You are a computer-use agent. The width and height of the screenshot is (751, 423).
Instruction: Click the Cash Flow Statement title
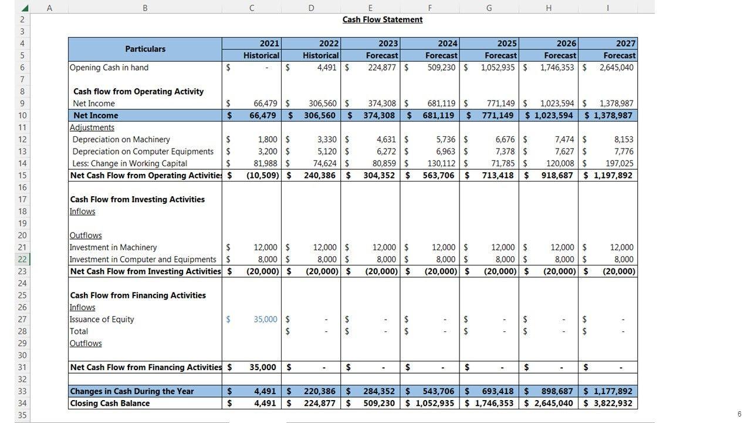click(x=383, y=19)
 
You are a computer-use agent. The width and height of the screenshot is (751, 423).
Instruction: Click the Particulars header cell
click(x=145, y=49)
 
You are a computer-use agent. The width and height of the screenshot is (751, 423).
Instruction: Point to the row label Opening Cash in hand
click(x=109, y=68)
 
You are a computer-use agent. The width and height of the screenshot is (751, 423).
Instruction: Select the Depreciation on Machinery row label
click(x=121, y=139)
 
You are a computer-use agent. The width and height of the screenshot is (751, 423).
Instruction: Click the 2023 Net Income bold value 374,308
click(x=378, y=115)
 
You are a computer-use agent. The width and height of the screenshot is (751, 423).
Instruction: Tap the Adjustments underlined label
click(x=92, y=127)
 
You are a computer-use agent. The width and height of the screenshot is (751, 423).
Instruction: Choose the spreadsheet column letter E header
click(x=370, y=8)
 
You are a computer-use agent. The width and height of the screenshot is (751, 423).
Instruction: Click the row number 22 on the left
click(x=22, y=259)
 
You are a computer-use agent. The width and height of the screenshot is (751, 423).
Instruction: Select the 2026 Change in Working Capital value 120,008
click(x=557, y=163)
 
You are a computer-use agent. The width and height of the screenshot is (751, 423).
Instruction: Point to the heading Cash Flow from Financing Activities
click(x=138, y=295)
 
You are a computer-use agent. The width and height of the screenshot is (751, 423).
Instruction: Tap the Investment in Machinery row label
click(x=113, y=247)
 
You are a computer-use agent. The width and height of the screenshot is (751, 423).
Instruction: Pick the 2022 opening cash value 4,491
click(x=327, y=68)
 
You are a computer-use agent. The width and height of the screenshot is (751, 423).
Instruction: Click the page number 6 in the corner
click(x=739, y=414)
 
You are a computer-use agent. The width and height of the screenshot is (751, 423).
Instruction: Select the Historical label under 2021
click(x=261, y=55)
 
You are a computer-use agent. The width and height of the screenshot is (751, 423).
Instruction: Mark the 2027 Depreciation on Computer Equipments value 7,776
click(x=624, y=152)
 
